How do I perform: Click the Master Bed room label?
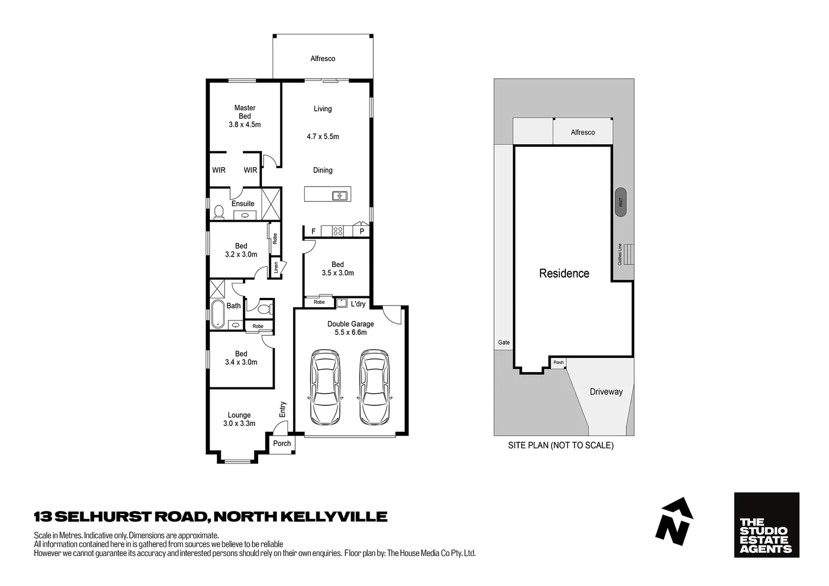coord(245,116)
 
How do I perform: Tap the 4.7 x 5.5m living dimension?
coord(323,137)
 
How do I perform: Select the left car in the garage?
coord(325,387)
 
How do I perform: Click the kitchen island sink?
coord(340,195)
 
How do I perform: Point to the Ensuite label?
coord(243,203)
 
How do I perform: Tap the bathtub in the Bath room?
coord(218,314)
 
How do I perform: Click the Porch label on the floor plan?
coord(282,443)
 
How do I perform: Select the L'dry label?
coord(358,304)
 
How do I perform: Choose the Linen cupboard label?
coord(276,267)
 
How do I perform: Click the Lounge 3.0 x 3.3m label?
coord(239,419)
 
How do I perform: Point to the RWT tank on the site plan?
coord(621,202)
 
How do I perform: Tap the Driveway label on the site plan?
coord(606,392)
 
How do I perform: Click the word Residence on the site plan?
coord(564,273)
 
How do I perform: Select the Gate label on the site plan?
coord(504,342)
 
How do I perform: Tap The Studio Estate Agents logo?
coord(766,525)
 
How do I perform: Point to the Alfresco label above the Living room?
coord(323,59)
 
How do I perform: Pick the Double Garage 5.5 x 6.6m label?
coord(350,328)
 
